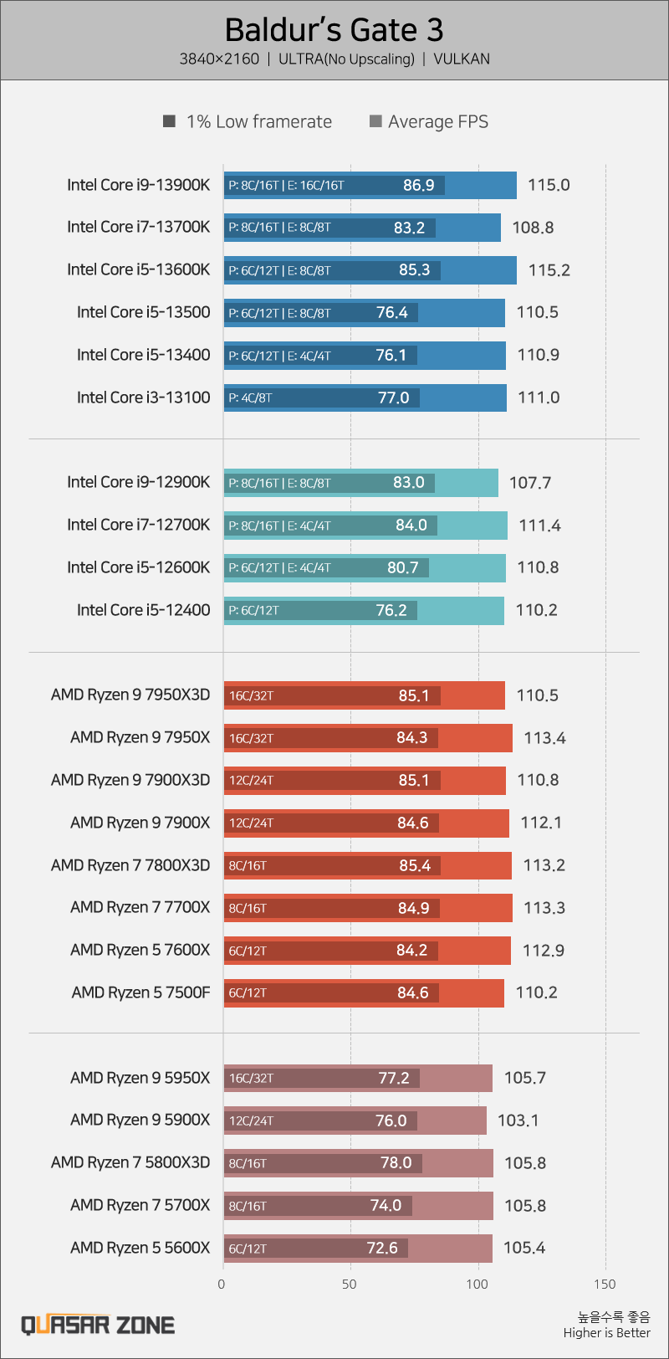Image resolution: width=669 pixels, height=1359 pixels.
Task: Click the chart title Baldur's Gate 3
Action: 334,30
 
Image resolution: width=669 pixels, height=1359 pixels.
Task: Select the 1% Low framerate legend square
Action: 170,122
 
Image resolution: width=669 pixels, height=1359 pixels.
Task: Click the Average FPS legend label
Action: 438,122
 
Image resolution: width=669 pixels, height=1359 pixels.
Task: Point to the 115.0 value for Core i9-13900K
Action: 549,185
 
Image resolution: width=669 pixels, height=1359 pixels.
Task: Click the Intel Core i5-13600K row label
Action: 139,269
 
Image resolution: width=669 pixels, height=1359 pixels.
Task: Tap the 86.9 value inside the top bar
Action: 418,185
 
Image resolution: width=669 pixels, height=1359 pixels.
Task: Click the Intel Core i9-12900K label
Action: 139,482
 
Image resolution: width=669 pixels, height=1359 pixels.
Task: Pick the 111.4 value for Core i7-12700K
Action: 539,526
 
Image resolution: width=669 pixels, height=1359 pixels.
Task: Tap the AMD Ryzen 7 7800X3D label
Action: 130,864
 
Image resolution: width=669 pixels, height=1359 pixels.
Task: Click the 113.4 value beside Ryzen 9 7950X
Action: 545,738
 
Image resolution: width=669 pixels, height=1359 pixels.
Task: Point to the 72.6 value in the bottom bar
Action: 382,1248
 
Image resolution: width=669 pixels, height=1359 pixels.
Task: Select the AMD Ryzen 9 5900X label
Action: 140,1120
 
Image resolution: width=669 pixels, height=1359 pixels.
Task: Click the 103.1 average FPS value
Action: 518,1121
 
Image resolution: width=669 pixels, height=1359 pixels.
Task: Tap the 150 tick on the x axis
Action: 605,1284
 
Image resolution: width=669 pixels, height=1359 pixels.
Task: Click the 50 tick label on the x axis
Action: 350,1284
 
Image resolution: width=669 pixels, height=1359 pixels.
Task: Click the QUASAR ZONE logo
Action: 98,1325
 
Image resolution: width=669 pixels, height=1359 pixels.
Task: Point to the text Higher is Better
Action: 606,1333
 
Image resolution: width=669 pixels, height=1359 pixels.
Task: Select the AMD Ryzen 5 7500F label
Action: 140,992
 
